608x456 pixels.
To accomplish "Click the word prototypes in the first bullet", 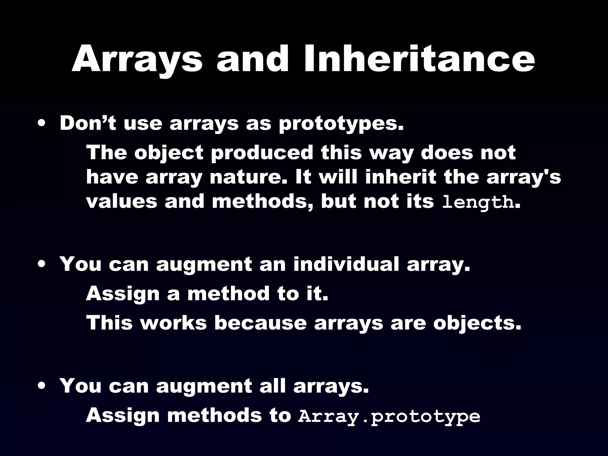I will (x=341, y=124).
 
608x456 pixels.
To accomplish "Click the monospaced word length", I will (x=478, y=202).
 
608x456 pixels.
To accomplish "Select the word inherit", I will (x=401, y=177).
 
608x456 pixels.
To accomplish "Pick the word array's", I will (x=523, y=177).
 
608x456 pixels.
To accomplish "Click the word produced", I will (x=262, y=153).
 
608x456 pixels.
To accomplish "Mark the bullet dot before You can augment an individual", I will (x=42, y=264).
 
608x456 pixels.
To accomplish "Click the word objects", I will (x=477, y=324).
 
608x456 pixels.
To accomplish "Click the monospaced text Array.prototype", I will (x=389, y=417).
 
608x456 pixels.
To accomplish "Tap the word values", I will (x=122, y=202).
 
